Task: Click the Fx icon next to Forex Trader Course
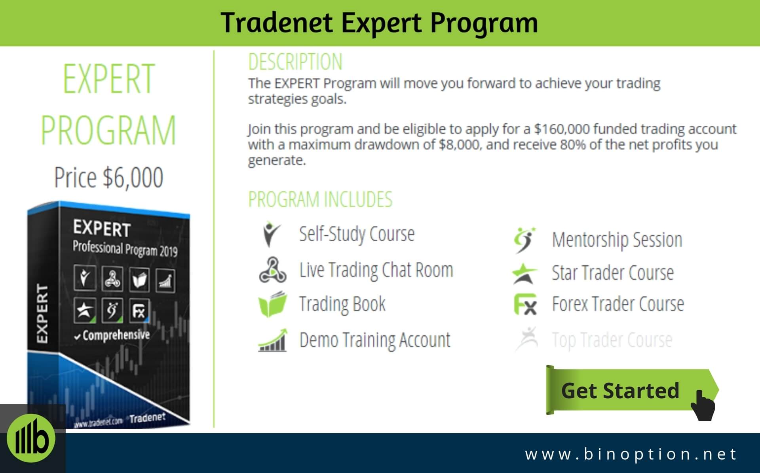[x=525, y=305]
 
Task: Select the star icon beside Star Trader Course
[x=524, y=273]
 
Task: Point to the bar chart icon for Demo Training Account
[x=272, y=340]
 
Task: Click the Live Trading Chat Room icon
[x=272, y=270]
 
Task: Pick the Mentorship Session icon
[x=524, y=240]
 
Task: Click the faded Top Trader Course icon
[x=526, y=339]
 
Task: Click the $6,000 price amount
[x=133, y=177]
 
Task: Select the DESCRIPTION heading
[x=295, y=62]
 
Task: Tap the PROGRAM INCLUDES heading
[x=320, y=199]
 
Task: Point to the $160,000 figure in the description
[x=562, y=129]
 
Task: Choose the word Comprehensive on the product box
[x=116, y=335]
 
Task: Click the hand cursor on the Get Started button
[x=703, y=405]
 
